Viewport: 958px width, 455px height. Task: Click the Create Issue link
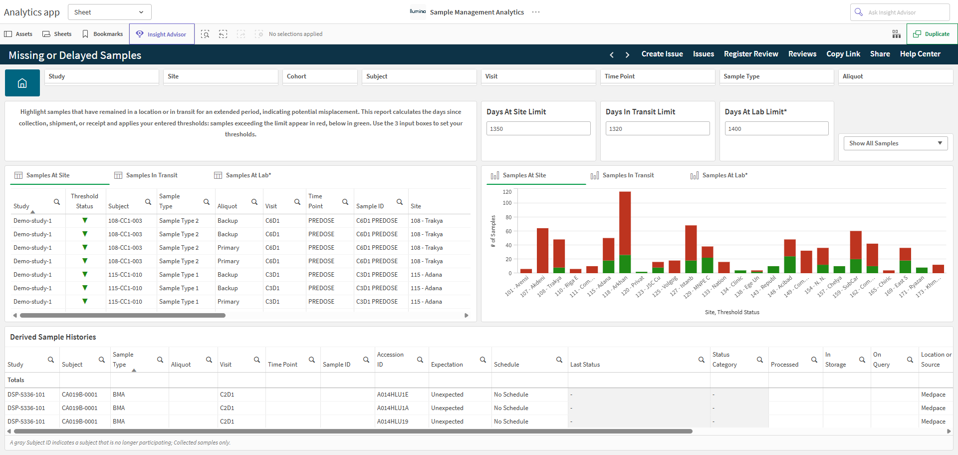[662, 54]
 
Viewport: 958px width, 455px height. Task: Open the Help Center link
[920, 54]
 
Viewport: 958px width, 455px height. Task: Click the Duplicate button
[932, 34]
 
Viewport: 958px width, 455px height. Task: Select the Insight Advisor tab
[162, 34]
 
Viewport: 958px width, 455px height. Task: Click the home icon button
[22, 83]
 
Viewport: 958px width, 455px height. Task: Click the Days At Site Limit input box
[538, 128]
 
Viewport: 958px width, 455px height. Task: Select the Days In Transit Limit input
[658, 128]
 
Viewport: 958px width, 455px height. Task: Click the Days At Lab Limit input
[776, 128]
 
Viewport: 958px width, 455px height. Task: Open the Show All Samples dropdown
[895, 143]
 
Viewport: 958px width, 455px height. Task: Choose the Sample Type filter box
[776, 76]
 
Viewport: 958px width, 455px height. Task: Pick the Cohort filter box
[320, 76]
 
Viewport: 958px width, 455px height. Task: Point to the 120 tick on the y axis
[507, 192]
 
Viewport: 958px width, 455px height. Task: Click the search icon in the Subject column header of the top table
[148, 202]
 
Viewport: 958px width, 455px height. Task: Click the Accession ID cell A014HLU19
[393, 422]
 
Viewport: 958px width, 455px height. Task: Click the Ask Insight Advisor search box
[900, 12]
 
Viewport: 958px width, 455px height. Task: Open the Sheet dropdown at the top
[109, 12]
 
